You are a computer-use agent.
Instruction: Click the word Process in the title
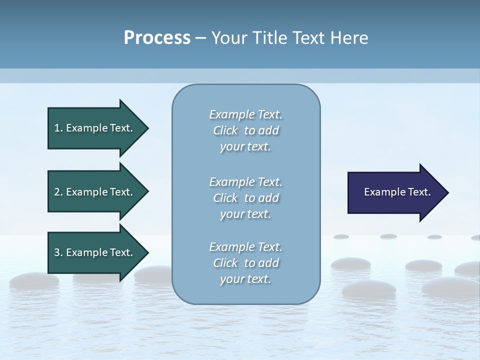tap(157, 38)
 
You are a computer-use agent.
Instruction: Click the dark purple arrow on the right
tap(395, 192)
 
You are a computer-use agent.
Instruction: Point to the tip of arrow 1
tap(147, 128)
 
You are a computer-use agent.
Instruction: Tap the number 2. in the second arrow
tap(58, 192)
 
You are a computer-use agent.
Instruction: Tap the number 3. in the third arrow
tap(58, 252)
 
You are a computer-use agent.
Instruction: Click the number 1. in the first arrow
tap(58, 128)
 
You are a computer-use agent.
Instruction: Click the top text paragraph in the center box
tap(245, 130)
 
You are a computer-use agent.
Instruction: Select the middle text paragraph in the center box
tap(245, 198)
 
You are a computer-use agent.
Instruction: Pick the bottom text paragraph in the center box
tap(245, 263)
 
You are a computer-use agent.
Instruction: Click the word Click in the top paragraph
tap(225, 130)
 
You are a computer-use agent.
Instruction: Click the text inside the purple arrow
tap(397, 192)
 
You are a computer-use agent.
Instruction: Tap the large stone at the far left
tap(33, 280)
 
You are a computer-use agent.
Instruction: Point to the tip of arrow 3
tap(147, 252)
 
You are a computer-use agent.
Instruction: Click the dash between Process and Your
tap(200, 38)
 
